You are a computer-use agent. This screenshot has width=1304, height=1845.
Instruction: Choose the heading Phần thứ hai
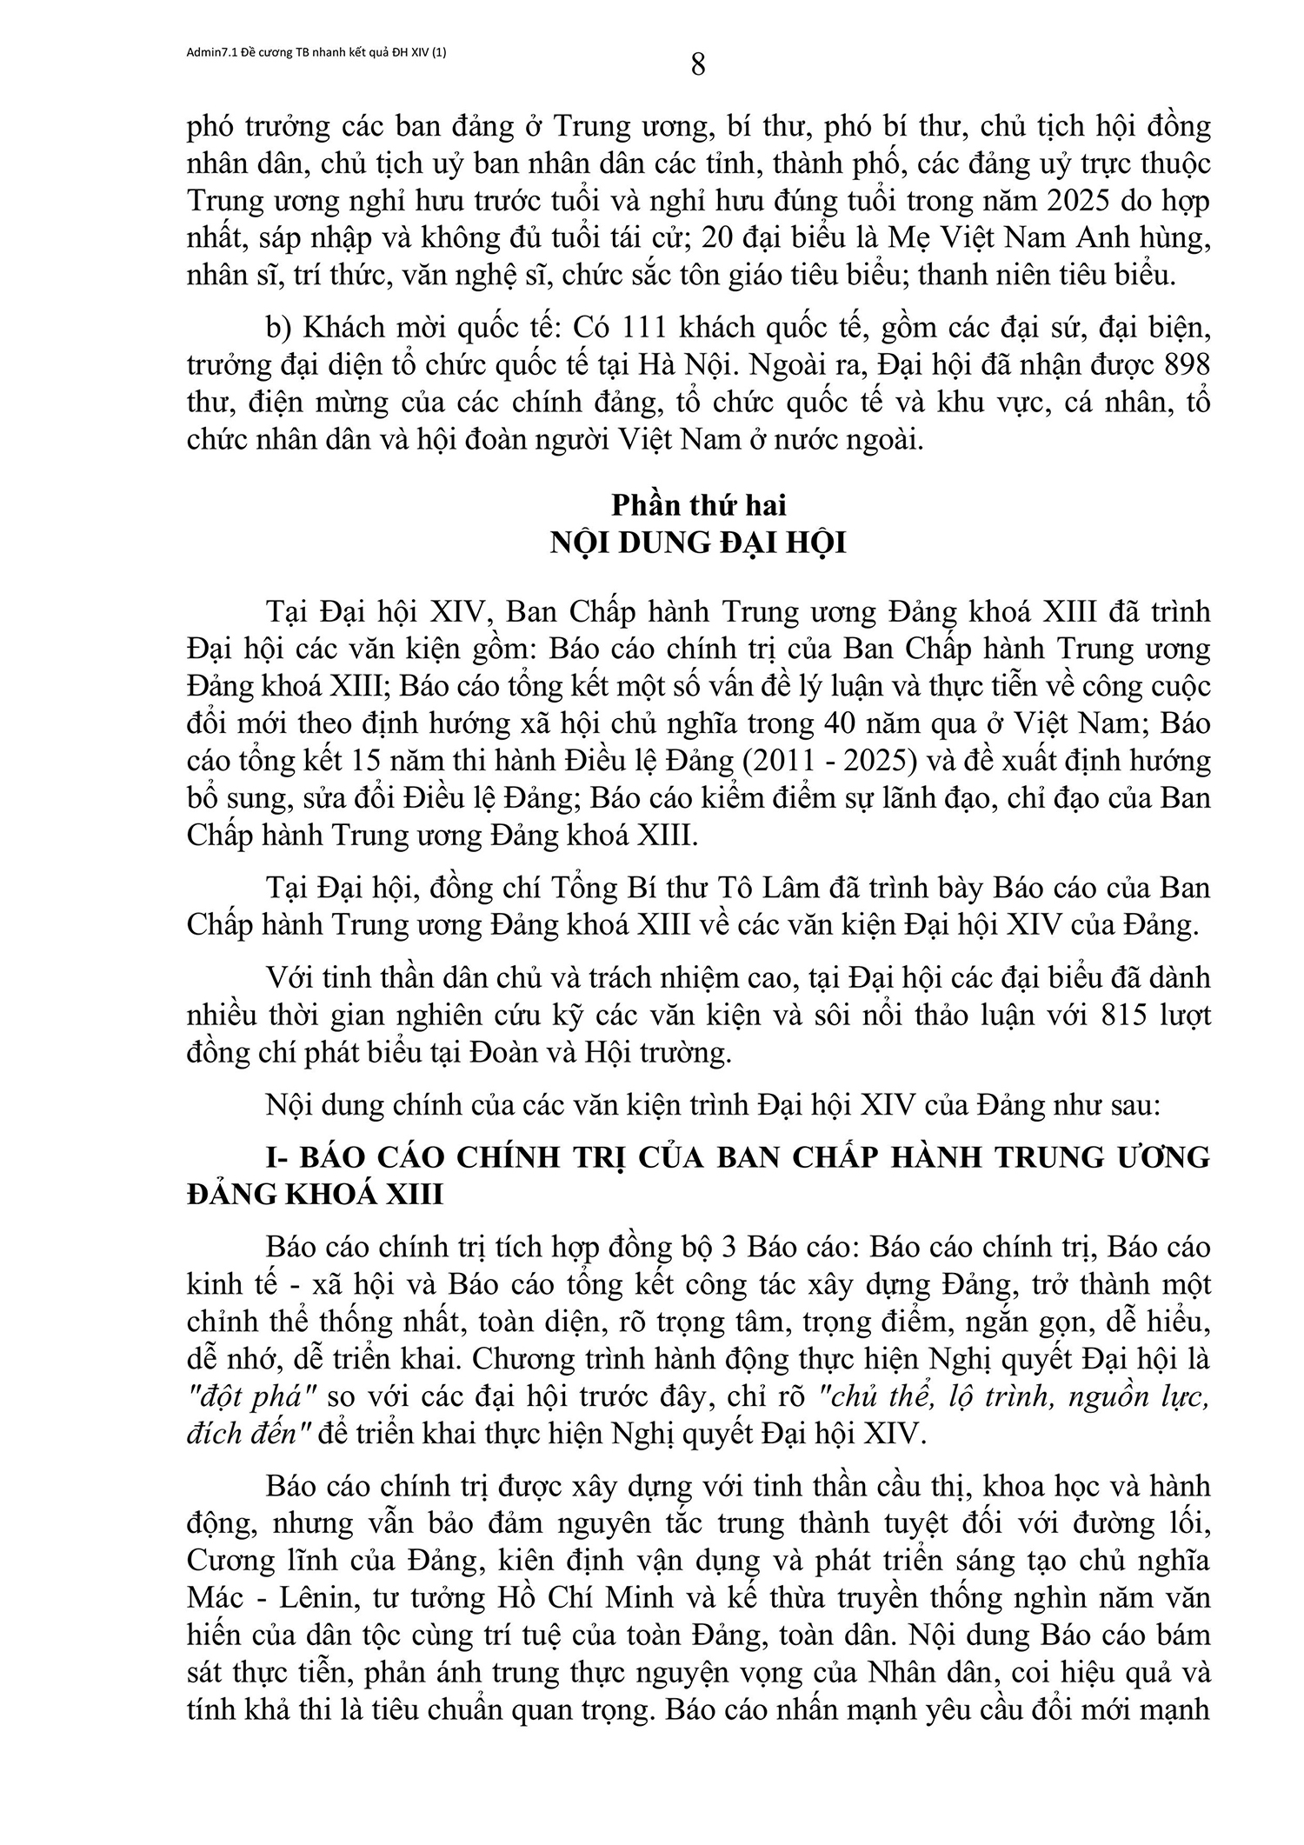tap(699, 505)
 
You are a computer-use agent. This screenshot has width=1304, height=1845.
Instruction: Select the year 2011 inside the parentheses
tap(775, 761)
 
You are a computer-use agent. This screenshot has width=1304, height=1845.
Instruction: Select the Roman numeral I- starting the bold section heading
tap(279, 1157)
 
